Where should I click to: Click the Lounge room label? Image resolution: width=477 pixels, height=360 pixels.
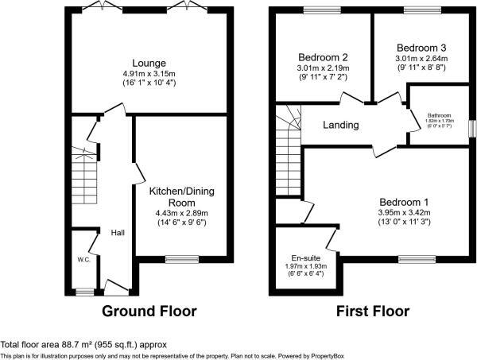pos(149,63)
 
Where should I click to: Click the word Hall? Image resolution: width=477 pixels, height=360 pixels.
pos(117,233)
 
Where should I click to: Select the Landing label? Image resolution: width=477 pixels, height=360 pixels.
pos(340,125)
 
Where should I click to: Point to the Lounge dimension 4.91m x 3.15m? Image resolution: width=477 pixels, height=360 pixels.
pos(149,74)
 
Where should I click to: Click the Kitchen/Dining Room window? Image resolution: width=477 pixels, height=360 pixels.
pos(182,257)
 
